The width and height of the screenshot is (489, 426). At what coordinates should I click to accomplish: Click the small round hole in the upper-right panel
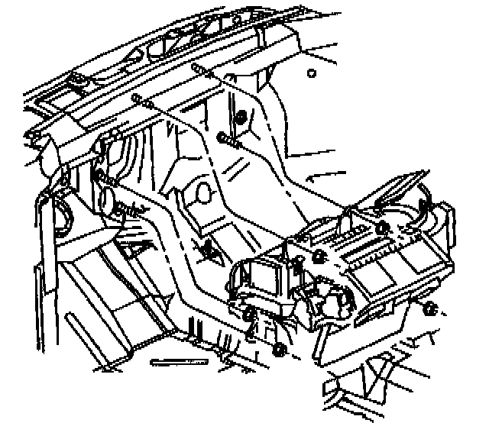point(311,74)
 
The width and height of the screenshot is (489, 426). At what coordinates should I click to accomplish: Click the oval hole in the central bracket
point(204,190)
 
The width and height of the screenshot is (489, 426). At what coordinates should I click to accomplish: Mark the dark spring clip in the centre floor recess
point(206,248)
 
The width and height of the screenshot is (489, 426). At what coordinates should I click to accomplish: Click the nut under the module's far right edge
point(429,308)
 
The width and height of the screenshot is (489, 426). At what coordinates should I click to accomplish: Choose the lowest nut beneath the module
point(280,350)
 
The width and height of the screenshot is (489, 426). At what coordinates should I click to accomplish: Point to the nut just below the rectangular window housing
point(251,314)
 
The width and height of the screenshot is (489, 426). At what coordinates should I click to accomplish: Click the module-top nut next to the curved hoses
point(382,228)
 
